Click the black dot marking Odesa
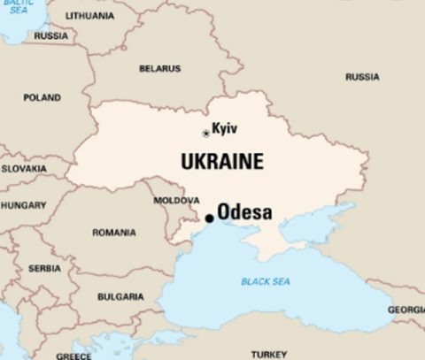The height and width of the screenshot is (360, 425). coord(209,218)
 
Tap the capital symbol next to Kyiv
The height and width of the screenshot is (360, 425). coord(206,134)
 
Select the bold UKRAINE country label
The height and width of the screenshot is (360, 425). coord(221,162)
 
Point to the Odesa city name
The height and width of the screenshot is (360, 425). coord(244,213)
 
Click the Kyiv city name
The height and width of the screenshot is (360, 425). coord(225,128)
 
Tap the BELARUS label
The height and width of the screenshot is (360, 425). coord(159,69)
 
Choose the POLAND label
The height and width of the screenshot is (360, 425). coord(42,98)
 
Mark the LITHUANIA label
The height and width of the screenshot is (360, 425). coord(89,16)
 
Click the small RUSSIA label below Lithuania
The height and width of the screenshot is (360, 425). coord(50,36)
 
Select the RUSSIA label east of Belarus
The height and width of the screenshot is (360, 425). coord(362,77)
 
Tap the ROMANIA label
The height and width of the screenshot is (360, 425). coord(114,234)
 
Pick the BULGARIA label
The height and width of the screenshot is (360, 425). coord(120,297)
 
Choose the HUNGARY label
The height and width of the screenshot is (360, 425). coord(23,205)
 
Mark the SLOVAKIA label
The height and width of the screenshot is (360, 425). coord(24,168)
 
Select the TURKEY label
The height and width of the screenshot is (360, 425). coord(268,354)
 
